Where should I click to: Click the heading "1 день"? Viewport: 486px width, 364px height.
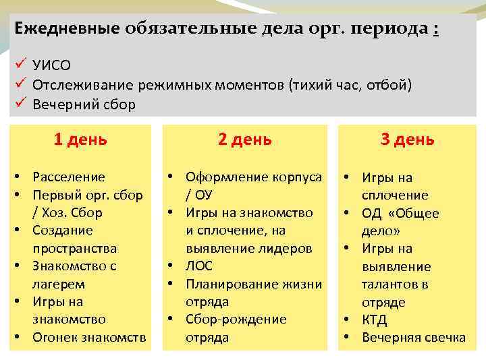coord(80,140)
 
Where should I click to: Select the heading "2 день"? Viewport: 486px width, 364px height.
coord(244,140)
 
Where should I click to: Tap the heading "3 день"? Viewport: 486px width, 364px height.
coord(408,140)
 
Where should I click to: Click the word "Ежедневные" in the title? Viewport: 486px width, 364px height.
coord(65,29)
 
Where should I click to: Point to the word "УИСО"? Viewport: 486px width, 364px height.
coord(51,66)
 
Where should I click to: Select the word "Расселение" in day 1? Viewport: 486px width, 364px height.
coord(69,177)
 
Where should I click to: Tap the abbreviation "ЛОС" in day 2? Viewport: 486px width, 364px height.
coord(199,266)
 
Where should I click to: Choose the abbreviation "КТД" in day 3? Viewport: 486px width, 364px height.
coord(375,320)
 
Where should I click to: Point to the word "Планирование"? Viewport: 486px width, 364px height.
coord(227,284)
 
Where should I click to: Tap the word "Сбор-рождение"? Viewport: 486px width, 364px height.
coord(236,320)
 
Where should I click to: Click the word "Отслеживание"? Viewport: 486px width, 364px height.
coord(82,86)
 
